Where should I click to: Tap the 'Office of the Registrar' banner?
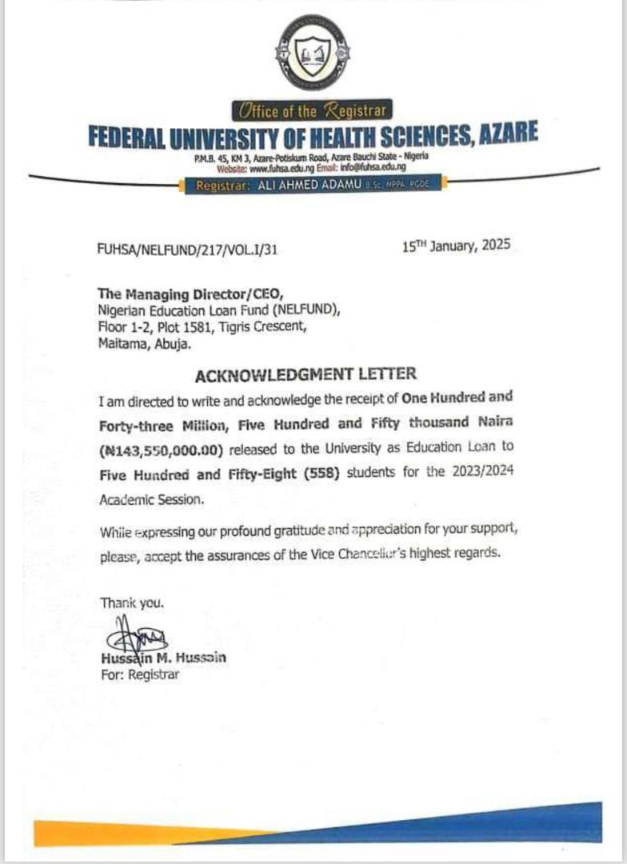pos(313,111)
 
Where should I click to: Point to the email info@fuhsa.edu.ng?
pos(373,169)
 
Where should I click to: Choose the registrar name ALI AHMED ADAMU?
pos(307,186)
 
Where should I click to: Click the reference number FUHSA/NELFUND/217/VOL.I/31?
pos(186,250)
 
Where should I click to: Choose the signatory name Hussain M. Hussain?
pos(163,659)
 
